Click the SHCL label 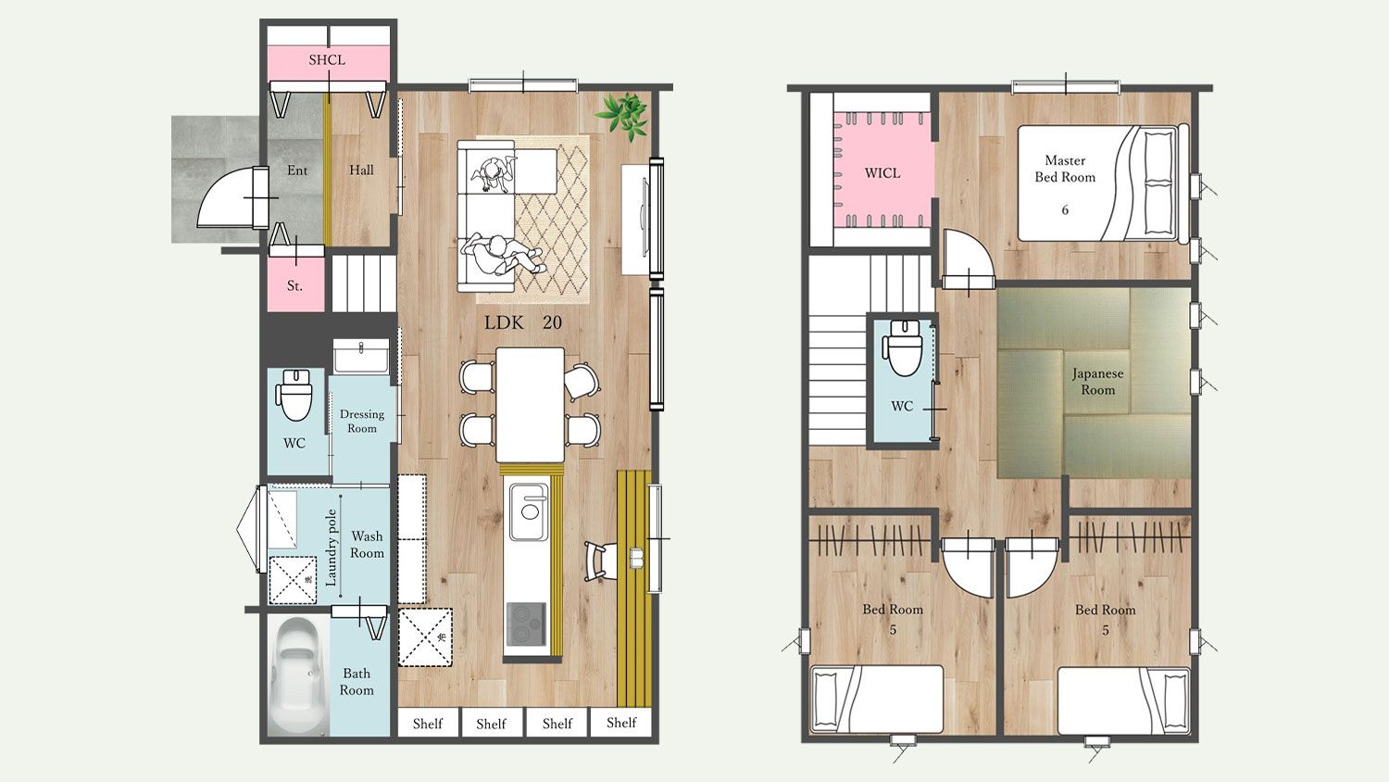click(327, 60)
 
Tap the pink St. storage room click(295, 284)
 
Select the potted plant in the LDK click(622, 116)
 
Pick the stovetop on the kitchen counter click(526, 624)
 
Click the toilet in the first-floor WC click(294, 395)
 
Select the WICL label click(882, 173)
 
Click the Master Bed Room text click(1065, 169)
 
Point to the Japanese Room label click(1097, 382)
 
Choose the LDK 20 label click(523, 322)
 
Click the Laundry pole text click(332, 548)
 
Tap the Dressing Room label click(362, 421)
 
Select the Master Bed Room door click(969, 259)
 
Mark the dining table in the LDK click(531, 405)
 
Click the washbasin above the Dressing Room click(361, 356)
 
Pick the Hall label click(361, 170)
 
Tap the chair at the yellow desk click(600, 561)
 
